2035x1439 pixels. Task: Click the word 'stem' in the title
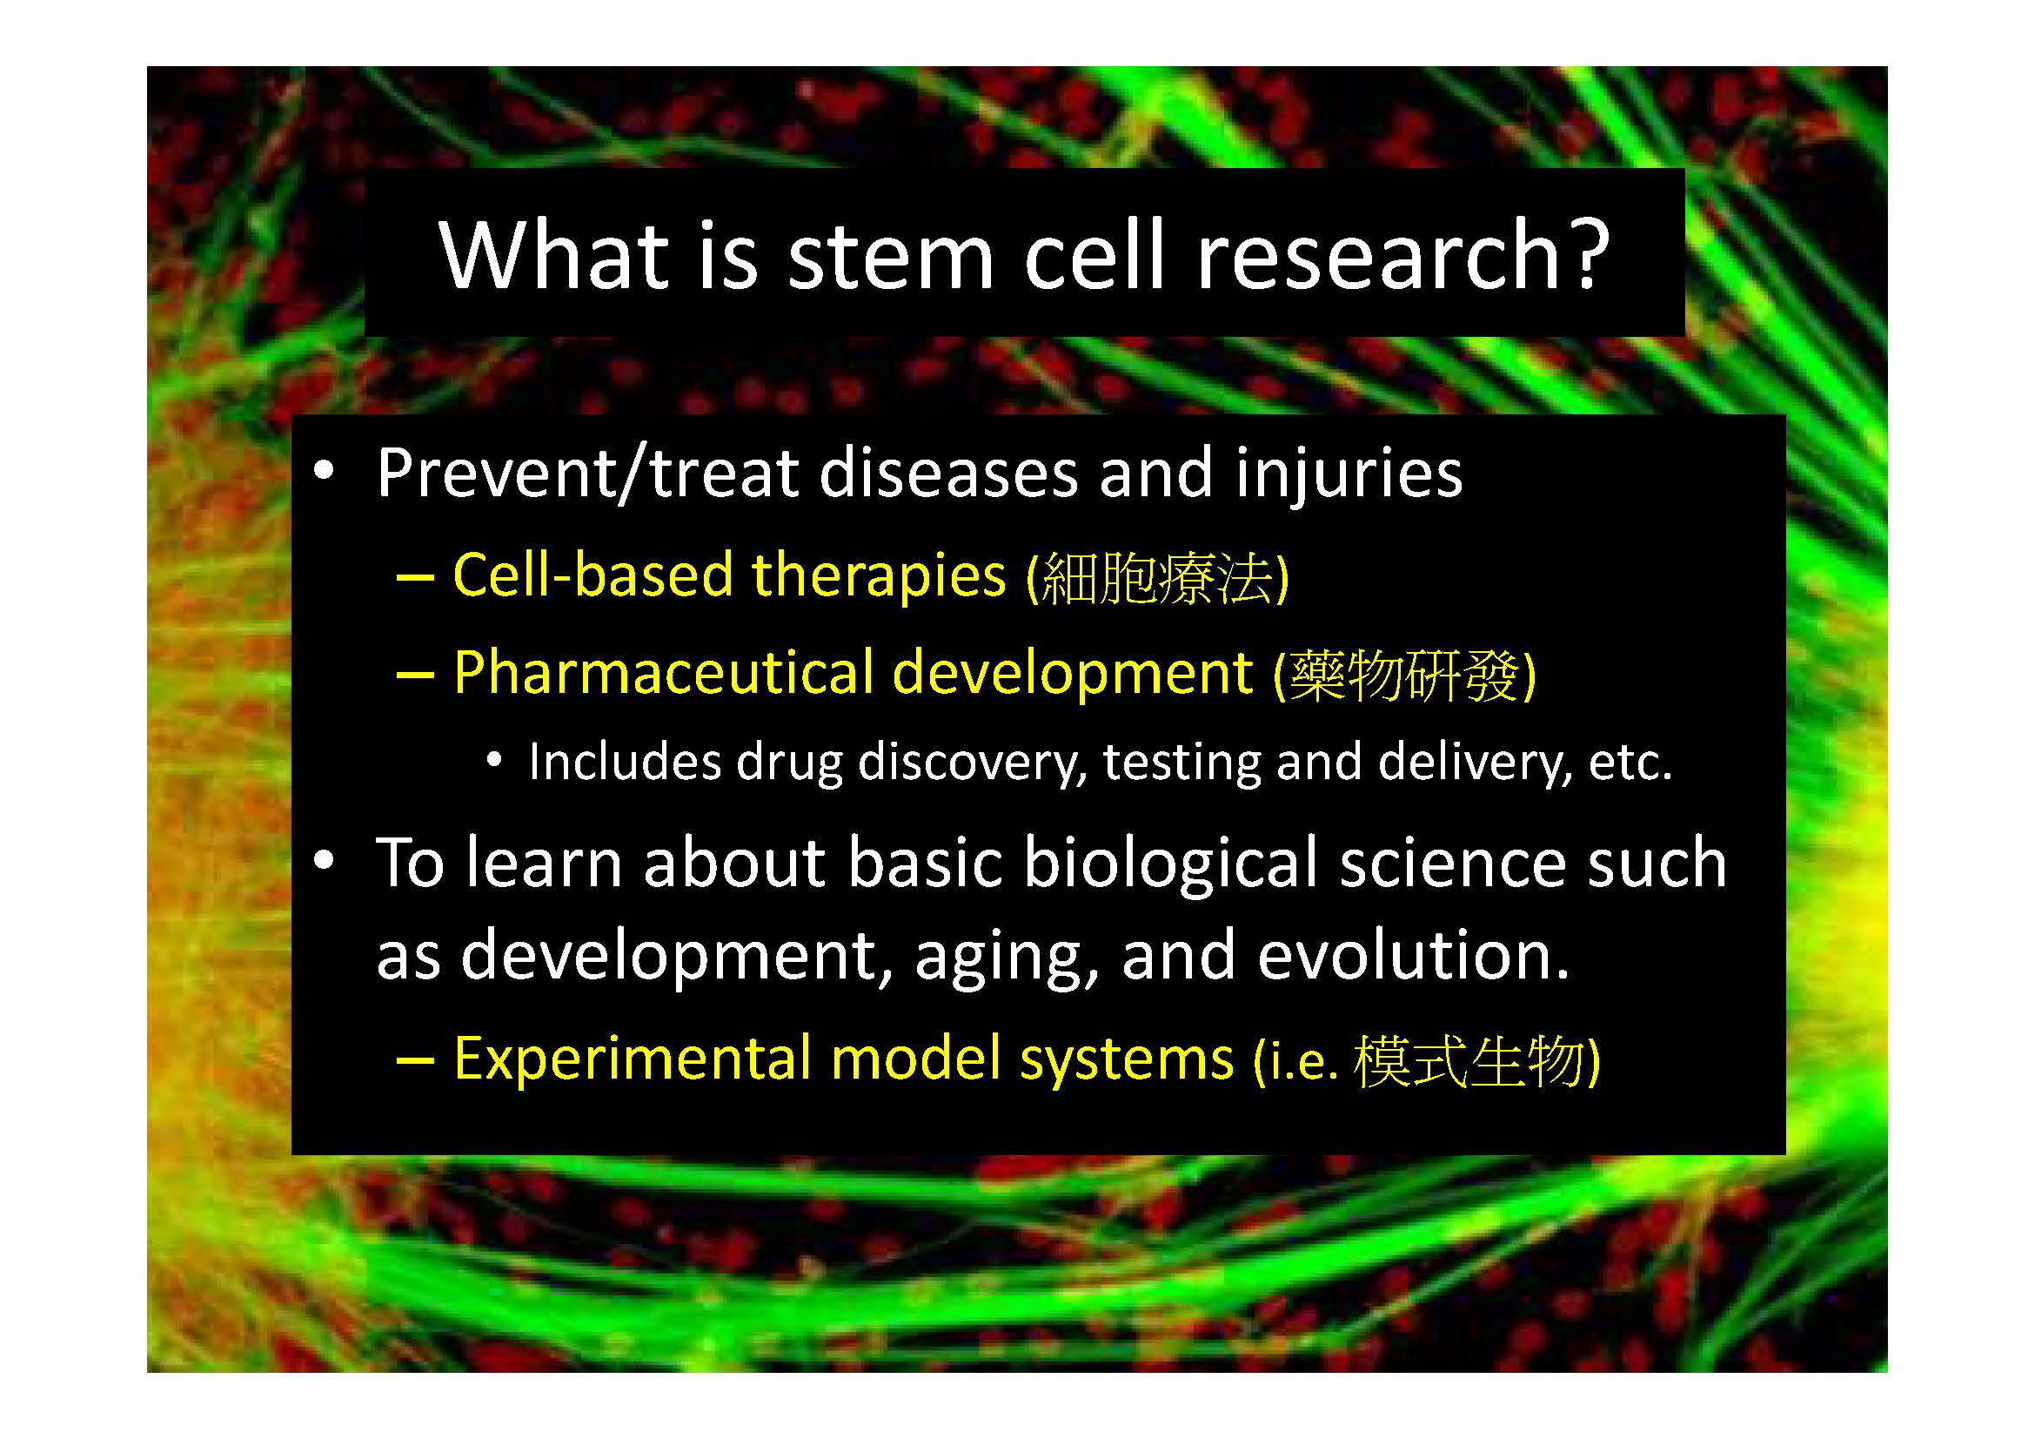tap(891, 256)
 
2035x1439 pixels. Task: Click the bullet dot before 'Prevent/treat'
tap(325, 470)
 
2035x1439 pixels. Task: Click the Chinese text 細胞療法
tap(1156, 577)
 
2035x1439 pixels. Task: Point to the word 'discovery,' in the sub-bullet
tap(974, 762)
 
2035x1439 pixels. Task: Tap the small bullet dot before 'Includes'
tap(494, 759)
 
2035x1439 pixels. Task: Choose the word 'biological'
tap(1171, 864)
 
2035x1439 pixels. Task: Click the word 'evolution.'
tap(1413, 956)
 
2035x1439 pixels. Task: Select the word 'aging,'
tap(1007, 962)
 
